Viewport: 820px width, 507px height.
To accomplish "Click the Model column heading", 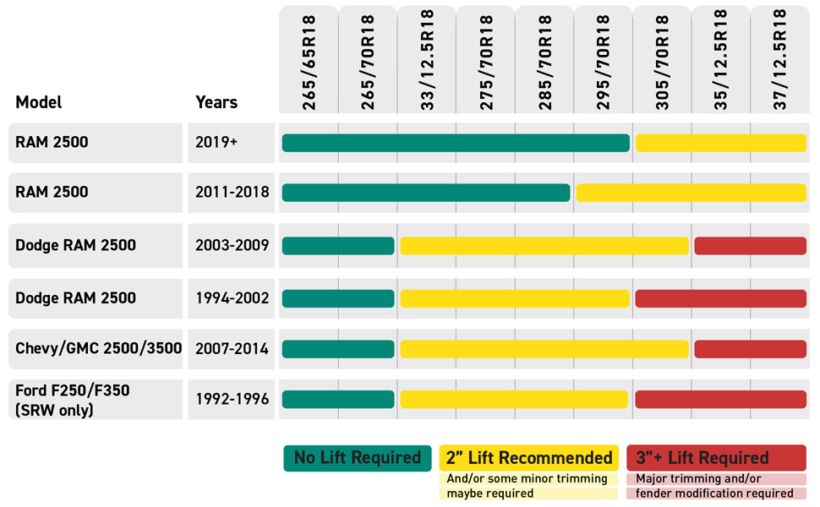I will (39, 102).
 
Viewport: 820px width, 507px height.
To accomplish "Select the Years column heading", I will (216, 102).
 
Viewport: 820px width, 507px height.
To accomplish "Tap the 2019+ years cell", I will (217, 143).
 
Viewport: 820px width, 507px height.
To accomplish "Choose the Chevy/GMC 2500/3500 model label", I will (98, 348).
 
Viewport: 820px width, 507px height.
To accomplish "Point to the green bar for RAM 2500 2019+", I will (456, 143).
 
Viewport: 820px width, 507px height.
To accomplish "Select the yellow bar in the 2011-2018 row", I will (691, 193).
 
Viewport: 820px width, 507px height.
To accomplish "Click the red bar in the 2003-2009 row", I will (750, 246).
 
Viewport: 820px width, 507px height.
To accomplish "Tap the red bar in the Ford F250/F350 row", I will (720, 399).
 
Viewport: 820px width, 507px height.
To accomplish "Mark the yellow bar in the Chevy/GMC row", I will (544, 348).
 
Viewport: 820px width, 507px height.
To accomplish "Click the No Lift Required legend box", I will (358, 458).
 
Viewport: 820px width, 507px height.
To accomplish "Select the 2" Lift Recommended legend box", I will (529, 458).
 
